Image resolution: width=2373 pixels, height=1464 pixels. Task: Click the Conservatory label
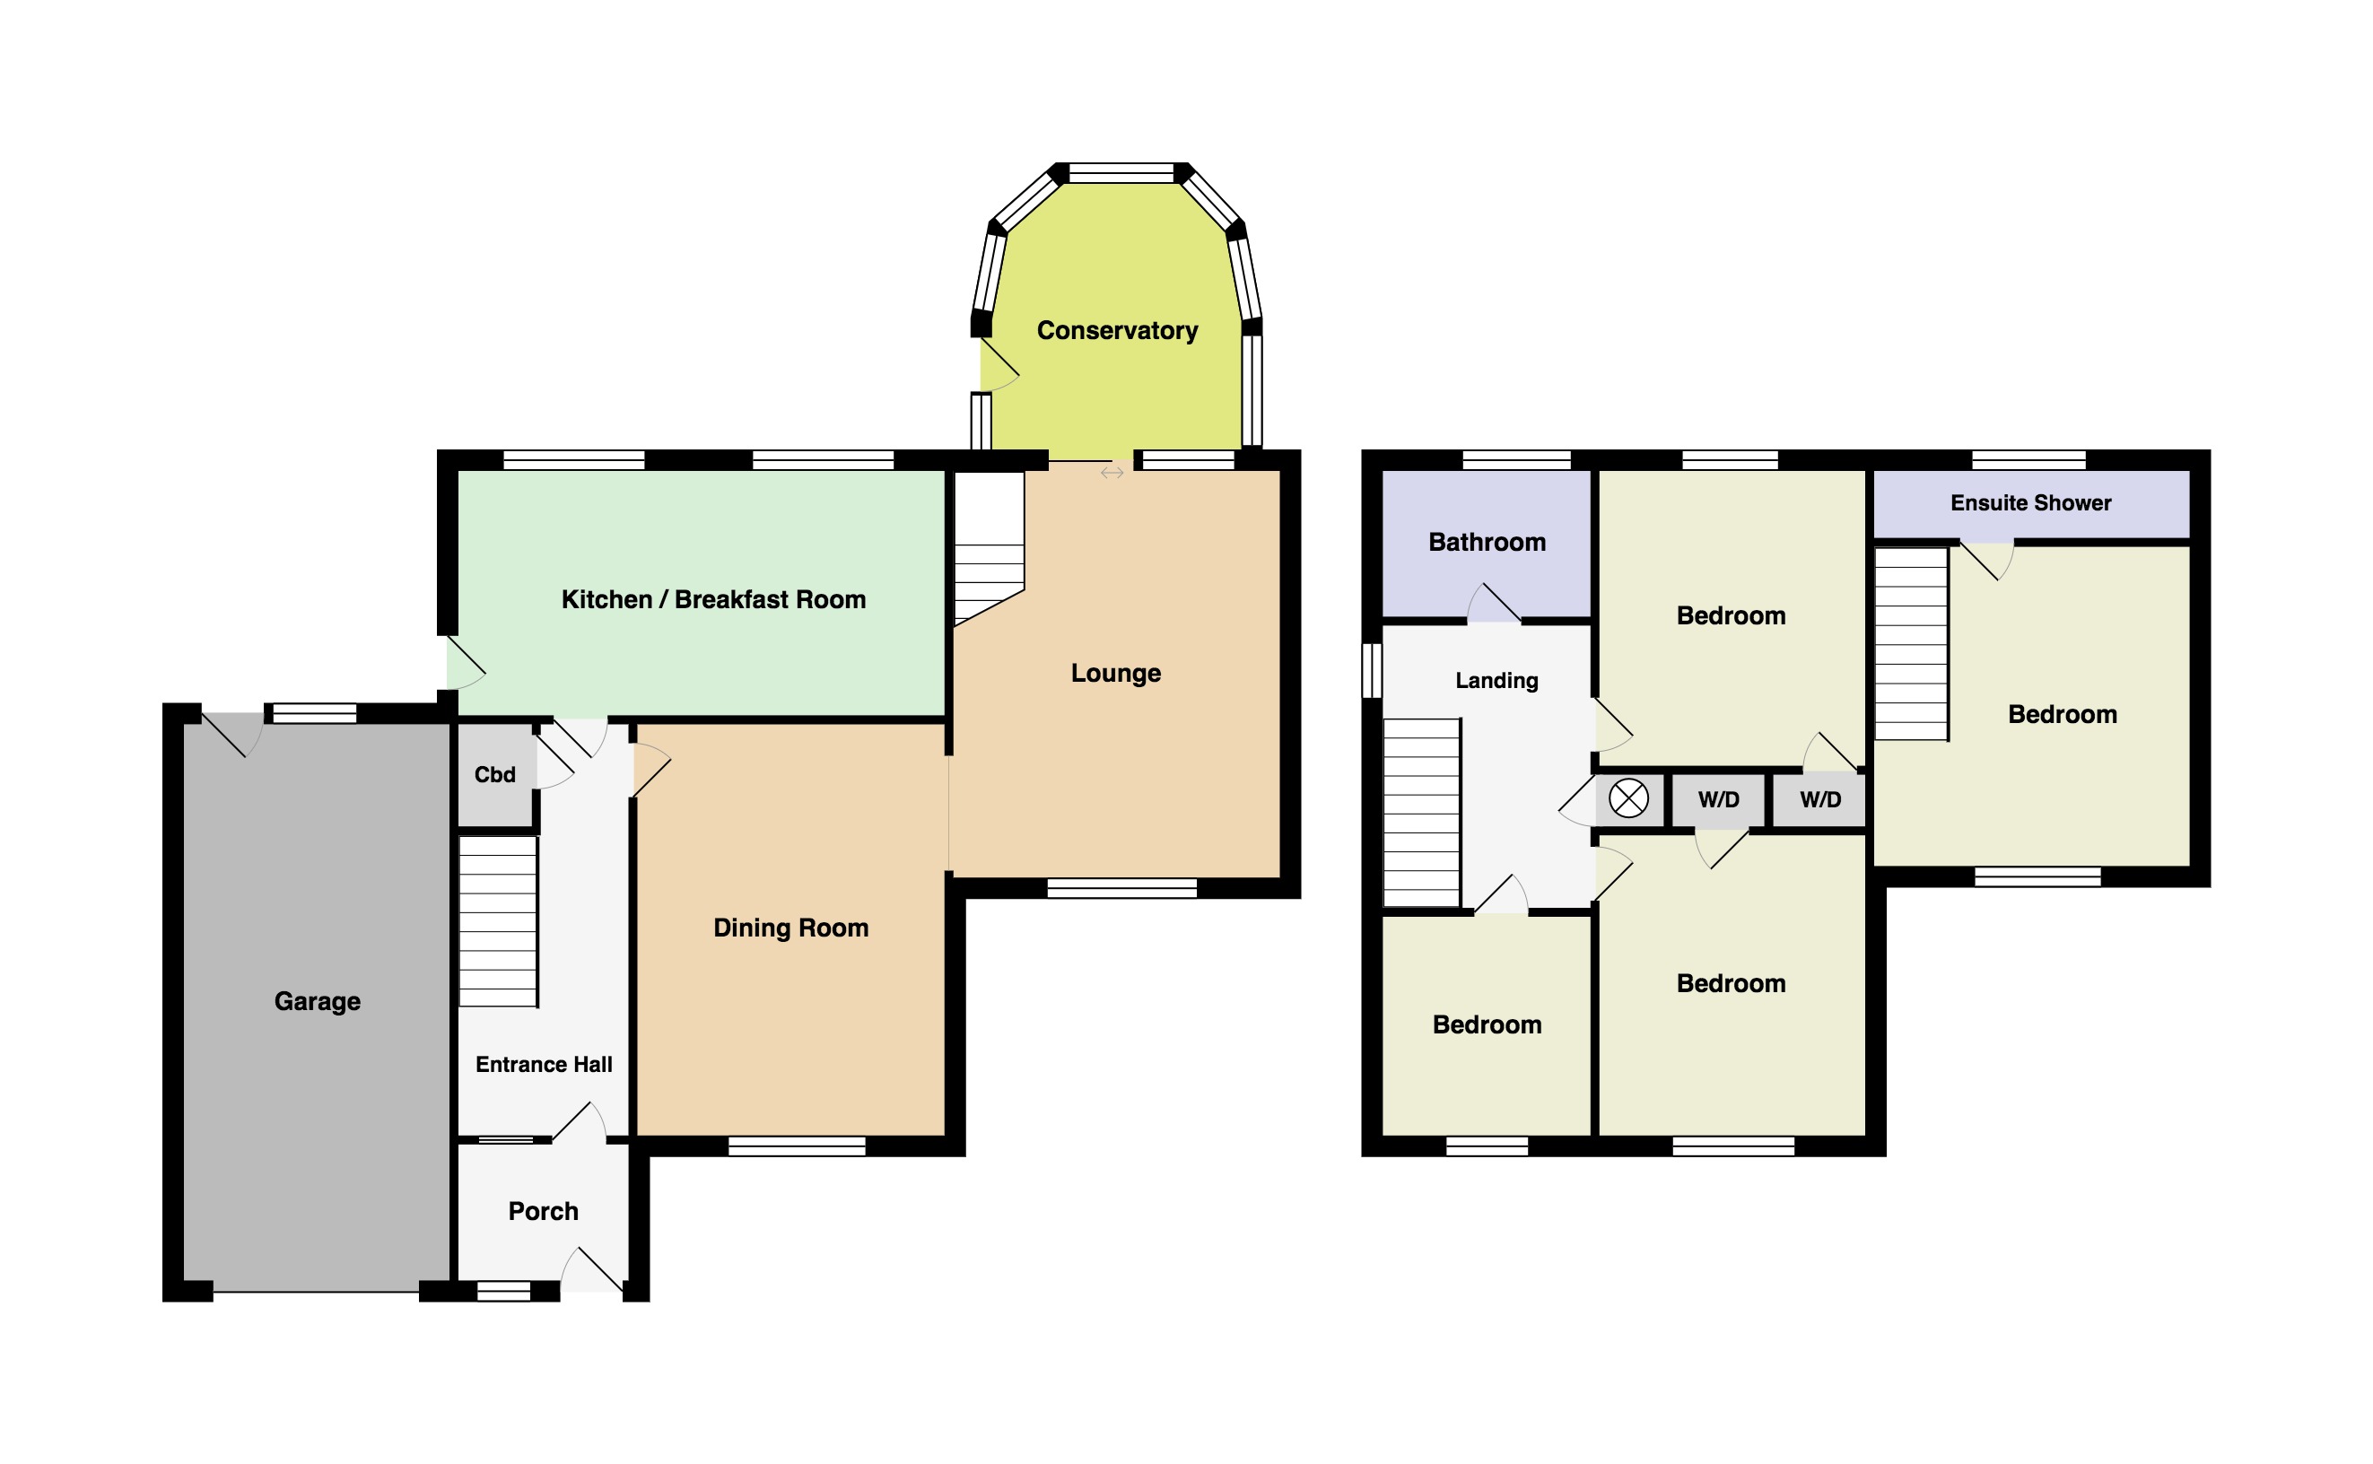click(1116, 330)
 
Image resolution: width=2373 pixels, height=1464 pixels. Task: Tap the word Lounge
click(1115, 673)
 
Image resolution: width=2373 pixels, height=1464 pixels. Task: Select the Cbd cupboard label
click(493, 774)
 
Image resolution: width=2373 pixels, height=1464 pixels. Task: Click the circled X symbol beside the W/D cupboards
click(1627, 798)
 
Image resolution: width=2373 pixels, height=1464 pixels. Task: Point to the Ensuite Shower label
click(2030, 502)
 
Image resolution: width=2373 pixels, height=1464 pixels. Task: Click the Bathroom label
click(1486, 542)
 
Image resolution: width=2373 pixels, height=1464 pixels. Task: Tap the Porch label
click(542, 1211)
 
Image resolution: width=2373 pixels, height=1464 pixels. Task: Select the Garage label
click(317, 1001)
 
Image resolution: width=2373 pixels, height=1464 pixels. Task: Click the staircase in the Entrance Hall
click(498, 922)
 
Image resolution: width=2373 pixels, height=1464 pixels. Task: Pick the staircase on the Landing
click(1420, 813)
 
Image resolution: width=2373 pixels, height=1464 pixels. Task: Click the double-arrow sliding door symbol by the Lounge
click(1112, 473)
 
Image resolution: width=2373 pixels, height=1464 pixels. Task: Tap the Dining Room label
click(790, 928)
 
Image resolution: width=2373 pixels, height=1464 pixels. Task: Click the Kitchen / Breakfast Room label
click(712, 599)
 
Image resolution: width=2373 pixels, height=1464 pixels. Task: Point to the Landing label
click(1496, 681)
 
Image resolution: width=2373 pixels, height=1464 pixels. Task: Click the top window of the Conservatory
click(1121, 174)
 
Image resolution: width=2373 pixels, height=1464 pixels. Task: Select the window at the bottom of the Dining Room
click(796, 1146)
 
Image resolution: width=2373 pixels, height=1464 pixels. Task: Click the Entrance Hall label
click(543, 1065)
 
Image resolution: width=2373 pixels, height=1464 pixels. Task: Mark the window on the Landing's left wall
click(1372, 670)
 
